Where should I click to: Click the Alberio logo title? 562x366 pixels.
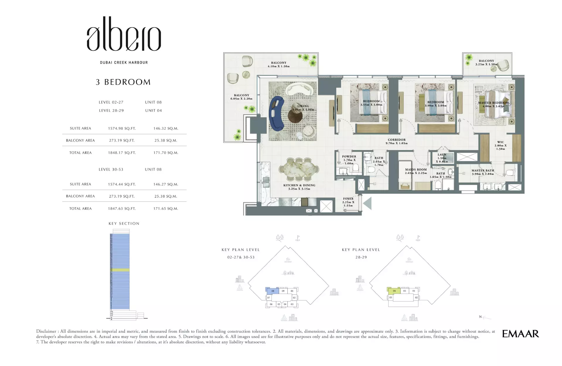pyautogui.click(x=124, y=35)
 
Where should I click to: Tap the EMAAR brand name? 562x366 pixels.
pyautogui.click(x=520, y=334)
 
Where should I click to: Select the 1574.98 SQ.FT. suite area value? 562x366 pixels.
pyautogui.click(x=122, y=128)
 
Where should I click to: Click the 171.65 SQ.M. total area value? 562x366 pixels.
pyautogui.click(x=166, y=209)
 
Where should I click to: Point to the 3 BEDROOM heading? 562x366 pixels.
pyautogui.click(x=123, y=82)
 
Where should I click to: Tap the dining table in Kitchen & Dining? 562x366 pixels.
pyautogui.click(x=299, y=170)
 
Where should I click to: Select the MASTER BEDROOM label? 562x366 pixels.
pyautogui.click(x=493, y=103)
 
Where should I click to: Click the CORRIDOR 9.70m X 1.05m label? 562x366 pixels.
pyautogui.click(x=396, y=142)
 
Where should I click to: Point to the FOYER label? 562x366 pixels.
pyautogui.click(x=348, y=199)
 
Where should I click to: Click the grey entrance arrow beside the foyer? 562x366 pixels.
pyautogui.click(x=367, y=203)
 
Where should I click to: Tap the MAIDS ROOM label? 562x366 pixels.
pyautogui.click(x=416, y=170)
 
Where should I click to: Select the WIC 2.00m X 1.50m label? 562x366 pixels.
pyautogui.click(x=500, y=145)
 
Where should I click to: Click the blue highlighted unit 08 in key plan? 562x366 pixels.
pyautogui.click(x=273, y=291)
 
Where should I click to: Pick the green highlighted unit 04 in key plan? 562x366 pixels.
pyautogui.click(x=394, y=291)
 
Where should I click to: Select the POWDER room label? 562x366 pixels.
pyautogui.click(x=349, y=157)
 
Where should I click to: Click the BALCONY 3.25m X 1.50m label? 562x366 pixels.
pyautogui.click(x=486, y=62)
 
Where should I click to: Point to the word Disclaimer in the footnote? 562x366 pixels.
pyautogui.click(x=46, y=331)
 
